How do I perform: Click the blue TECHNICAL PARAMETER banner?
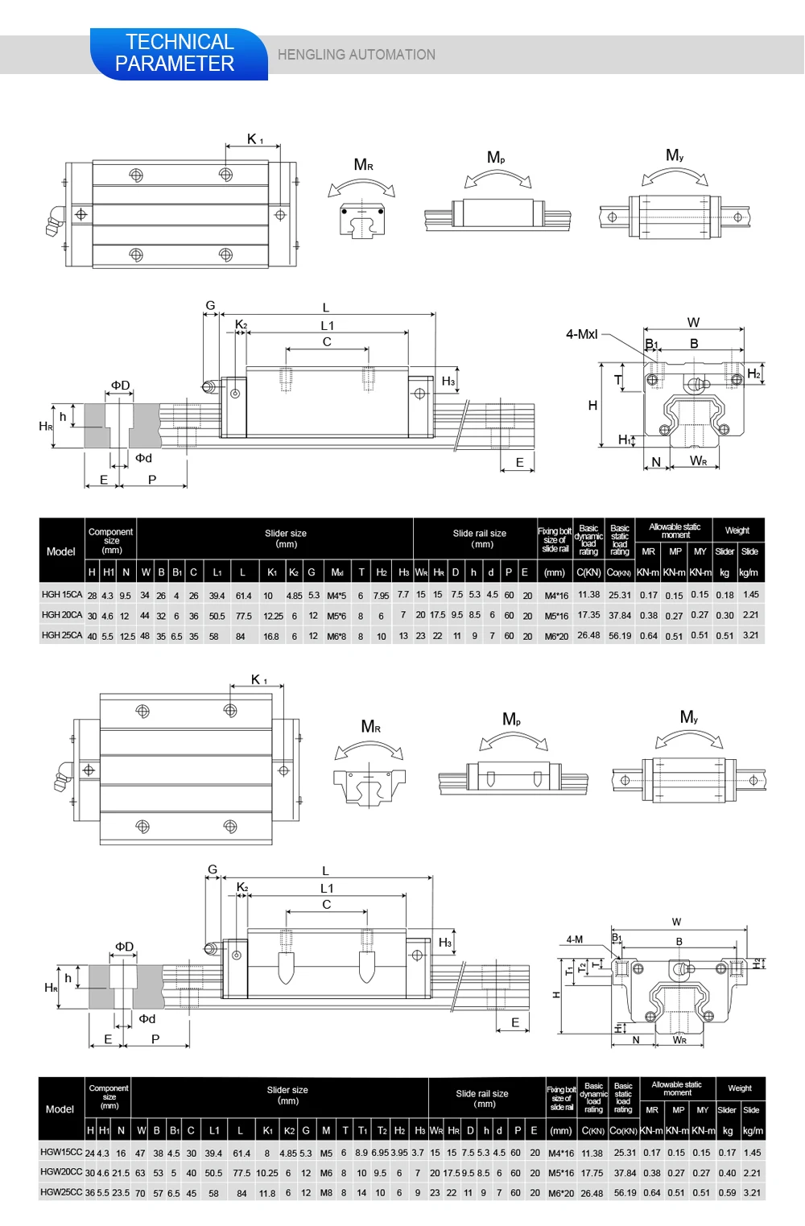(177, 53)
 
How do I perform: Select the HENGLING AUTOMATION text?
(356, 55)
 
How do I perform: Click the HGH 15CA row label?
(62, 595)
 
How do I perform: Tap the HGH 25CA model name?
(62, 635)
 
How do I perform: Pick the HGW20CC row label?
(61, 1172)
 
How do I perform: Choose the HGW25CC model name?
(61, 1192)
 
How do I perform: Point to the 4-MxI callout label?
(581, 334)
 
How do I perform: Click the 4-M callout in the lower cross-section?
(574, 939)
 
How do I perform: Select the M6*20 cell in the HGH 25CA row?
(556, 636)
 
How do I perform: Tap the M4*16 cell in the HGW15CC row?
(561, 1153)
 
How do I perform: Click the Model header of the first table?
(61, 551)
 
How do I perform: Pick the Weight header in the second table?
(739, 1088)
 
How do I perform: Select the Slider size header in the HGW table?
(287, 1095)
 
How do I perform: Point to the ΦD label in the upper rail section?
(120, 386)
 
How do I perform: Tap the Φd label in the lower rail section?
(147, 1018)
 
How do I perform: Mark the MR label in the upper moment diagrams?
(363, 165)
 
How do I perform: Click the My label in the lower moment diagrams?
(688, 716)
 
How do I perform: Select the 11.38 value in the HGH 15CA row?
(588, 595)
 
